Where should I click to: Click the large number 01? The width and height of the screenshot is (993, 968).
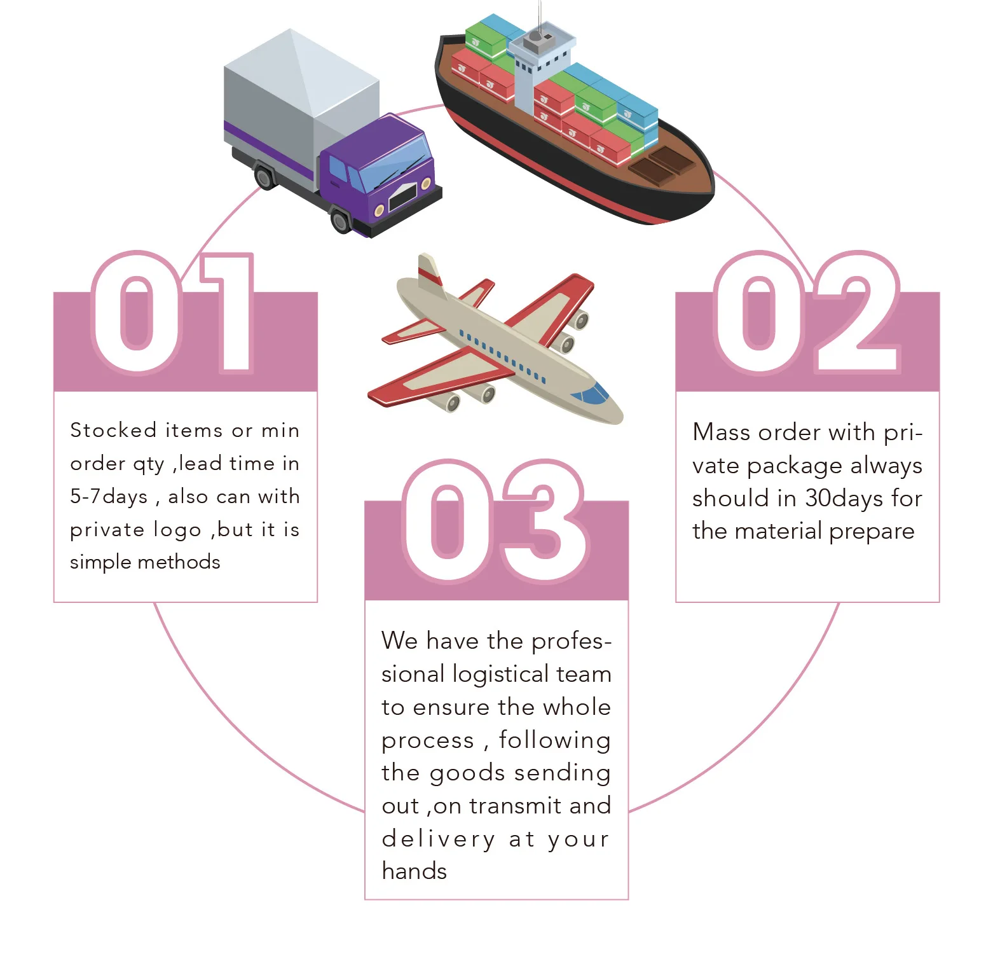point(173,312)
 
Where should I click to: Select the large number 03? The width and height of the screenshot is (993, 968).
point(495,521)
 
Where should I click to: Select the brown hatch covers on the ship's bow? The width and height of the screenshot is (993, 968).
point(661,164)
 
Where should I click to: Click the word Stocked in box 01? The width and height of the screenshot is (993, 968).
point(113,431)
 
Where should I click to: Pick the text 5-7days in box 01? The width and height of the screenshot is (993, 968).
point(109,497)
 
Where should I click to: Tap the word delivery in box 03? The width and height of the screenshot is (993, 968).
point(438,839)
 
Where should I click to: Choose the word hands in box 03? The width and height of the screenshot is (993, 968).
point(414,871)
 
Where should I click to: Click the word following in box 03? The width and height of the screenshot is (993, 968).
point(554,740)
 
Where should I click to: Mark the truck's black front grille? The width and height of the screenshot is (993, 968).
point(403,197)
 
